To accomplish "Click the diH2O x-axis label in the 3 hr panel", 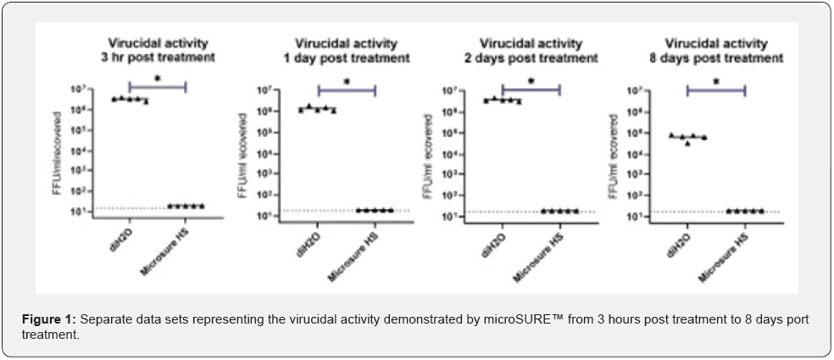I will click(x=122, y=236).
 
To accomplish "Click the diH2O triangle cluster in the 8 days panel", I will click(x=687, y=137).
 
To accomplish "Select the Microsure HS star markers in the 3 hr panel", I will click(x=186, y=206).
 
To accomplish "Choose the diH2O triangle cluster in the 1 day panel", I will click(x=317, y=108).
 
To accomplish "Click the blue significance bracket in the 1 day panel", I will click(x=346, y=89).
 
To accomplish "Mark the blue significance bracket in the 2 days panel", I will click(x=531, y=88).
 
